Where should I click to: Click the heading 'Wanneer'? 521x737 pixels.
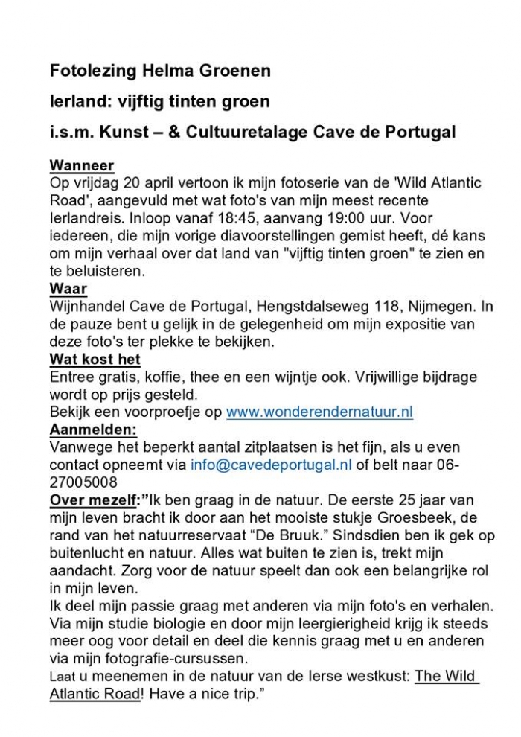[x=81, y=165]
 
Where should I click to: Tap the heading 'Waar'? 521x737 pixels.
[x=68, y=288]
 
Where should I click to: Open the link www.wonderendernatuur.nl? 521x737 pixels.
[x=319, y=412]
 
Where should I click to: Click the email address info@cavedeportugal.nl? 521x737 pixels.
[x=271, y=465]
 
